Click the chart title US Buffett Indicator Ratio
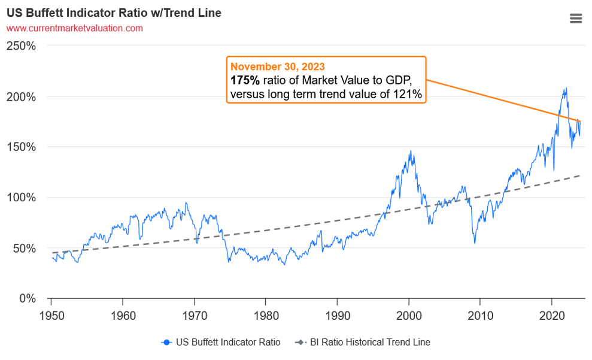[x=114, y=13]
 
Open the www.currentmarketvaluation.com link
[x=75, y=28]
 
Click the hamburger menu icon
[x=576, y=19]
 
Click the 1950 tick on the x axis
[x=51, y=313]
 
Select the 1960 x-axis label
[x=123, y=313]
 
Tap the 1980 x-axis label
[x=266, y=313]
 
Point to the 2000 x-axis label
[x=409, y=313]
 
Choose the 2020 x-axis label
[x=552, y=313]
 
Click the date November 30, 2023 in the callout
[x=278, y=66]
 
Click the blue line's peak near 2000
[x=411, y=151]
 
